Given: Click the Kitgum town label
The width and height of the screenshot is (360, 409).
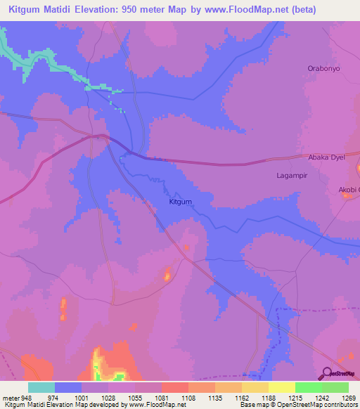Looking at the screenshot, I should (181, 202).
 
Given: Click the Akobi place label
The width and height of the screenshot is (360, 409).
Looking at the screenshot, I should (348, 190).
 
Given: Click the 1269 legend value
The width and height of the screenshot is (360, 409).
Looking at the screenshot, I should (348, 397).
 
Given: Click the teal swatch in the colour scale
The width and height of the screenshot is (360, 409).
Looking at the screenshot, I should (41, 387).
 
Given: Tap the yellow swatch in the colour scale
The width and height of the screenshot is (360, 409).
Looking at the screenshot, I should (281, 387).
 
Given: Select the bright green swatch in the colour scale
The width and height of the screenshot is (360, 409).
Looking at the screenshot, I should (308, 387).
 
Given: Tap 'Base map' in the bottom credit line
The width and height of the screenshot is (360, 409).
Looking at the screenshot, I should (252, 405).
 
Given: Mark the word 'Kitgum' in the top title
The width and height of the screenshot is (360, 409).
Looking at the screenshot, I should (26, 10).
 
